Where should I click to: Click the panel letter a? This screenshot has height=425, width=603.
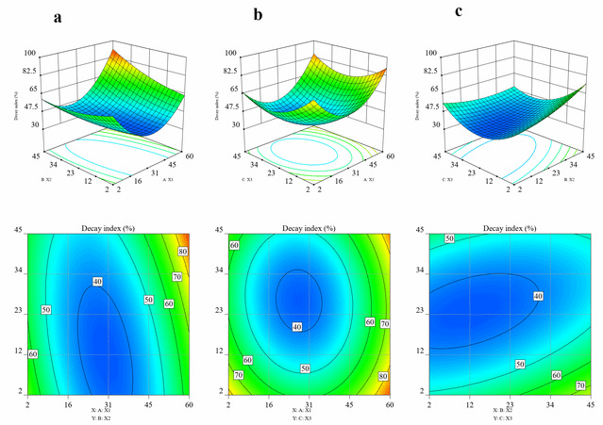pyautogui.click(x=59, y=16)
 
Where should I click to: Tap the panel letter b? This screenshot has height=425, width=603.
pyautogui.click(x=257, y=16)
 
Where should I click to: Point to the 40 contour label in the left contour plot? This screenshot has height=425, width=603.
pyautogui.click(x=97, y=281)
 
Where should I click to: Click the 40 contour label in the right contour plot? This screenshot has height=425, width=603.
pyautogui.click(x=539, y=297)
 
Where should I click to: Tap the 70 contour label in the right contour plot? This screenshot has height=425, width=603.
pyautogui.click(x=580, y=385)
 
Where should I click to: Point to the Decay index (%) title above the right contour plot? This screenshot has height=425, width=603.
pyautogui.click(x=511, y=229)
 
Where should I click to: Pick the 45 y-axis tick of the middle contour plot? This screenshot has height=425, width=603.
pyautogui.click(x=220, y=231)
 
